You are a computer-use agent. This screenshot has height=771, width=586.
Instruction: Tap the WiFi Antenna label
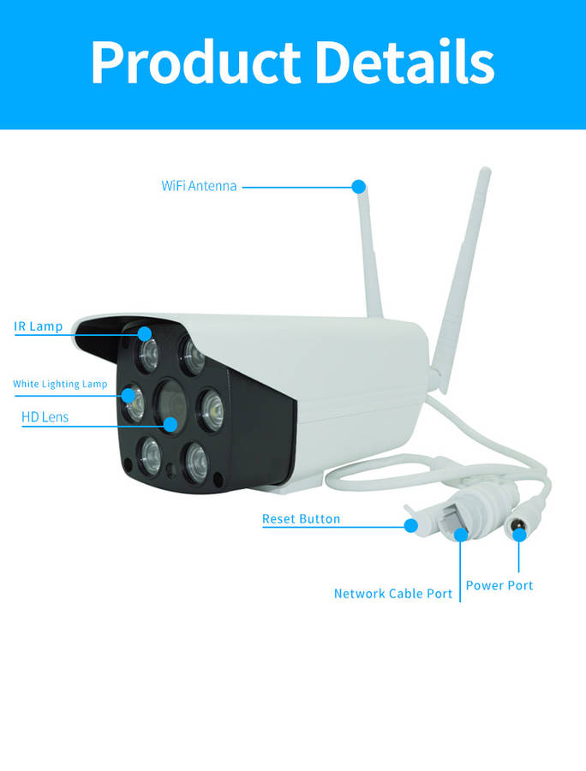199,186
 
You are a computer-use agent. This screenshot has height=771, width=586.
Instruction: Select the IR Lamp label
38,326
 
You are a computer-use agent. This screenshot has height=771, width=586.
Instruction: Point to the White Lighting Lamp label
60,384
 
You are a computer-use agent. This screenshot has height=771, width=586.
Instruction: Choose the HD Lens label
45,417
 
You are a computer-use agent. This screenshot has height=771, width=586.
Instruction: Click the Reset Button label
301,519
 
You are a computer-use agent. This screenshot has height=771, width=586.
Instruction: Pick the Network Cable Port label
393,594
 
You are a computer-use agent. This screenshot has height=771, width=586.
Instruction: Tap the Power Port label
499,585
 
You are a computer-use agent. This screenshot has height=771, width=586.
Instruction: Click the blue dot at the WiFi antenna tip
359,186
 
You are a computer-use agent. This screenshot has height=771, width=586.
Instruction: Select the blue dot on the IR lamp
143,333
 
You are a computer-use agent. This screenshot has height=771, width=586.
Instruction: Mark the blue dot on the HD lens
171,423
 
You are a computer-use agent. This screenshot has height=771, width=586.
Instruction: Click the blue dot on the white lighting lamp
129,395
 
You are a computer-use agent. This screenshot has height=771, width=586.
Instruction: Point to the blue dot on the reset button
410,525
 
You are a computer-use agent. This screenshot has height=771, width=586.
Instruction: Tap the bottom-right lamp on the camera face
195,463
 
